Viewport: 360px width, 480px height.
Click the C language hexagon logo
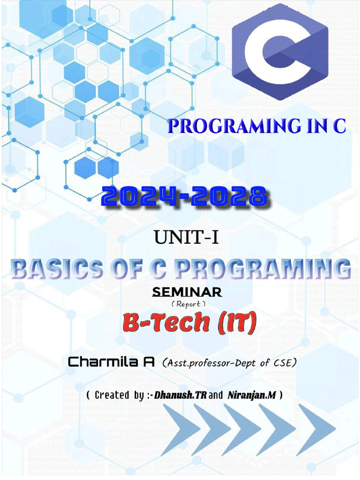(x=280, y=52)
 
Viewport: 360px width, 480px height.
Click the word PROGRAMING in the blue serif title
(x=234, y=126)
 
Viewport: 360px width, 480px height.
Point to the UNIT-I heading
(x=187, y=238)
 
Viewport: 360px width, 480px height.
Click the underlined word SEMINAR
(x=187, y=292)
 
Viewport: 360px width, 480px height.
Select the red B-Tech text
(x=166, y=322)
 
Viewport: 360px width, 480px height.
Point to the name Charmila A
(x=112, y=362)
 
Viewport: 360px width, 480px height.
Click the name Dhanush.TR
(x=180, y=395)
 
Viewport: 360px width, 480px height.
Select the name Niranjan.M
(x=252, y=395)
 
